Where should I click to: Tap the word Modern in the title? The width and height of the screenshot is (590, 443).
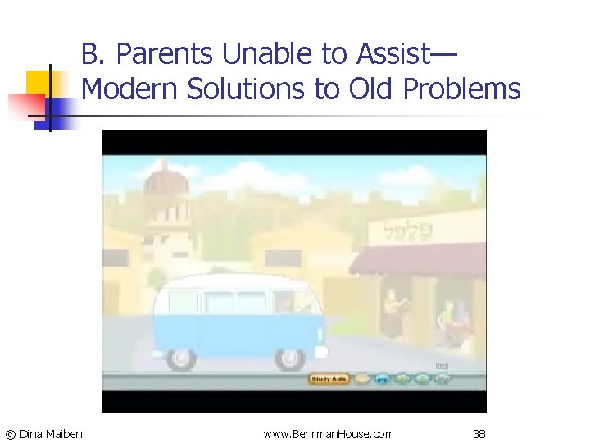point(130,89)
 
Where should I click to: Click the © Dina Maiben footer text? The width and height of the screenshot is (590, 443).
point(44,433)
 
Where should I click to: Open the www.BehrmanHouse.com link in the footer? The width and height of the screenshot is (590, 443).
point(328,433)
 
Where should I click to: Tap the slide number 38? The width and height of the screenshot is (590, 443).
point(480,433)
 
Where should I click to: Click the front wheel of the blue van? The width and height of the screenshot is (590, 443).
point(289,357)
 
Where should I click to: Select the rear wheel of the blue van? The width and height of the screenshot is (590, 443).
point(180,357)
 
